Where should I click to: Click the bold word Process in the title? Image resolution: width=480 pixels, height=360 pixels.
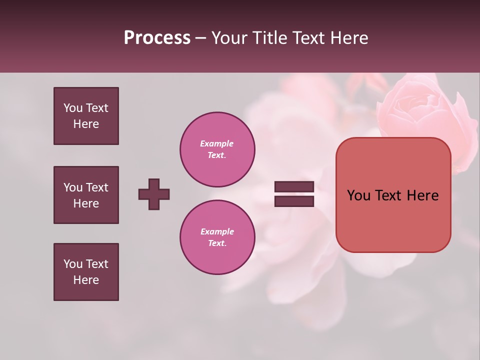[x=157, y=38]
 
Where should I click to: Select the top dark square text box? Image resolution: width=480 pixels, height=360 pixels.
[x=86, y=116]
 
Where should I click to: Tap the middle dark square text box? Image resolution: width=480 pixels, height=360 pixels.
[x=86, y=195]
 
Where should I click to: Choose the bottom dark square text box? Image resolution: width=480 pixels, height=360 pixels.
[x=86, y=272]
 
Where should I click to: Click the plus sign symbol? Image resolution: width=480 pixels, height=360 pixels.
[x=154, y=194]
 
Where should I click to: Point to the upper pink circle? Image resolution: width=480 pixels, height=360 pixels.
[x=217, y=149]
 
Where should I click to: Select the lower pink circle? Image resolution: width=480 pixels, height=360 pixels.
[x=217, y=237]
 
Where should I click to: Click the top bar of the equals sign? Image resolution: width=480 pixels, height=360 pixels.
[x=294, y=186]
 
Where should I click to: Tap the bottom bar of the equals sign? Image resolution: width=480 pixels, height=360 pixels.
[x=294, y=201]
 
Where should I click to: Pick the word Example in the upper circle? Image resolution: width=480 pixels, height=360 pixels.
[x=217, y=143]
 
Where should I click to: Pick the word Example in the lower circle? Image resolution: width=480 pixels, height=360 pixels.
[x=217, y=231]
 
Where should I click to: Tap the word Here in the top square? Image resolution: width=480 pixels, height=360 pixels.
[x=86, y=124]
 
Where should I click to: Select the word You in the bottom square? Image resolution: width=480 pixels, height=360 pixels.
[x=73, y=264]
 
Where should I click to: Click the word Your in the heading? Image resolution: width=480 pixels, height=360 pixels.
[x=231, y=38]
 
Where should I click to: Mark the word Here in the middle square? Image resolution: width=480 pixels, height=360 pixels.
[x=86, y=203]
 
